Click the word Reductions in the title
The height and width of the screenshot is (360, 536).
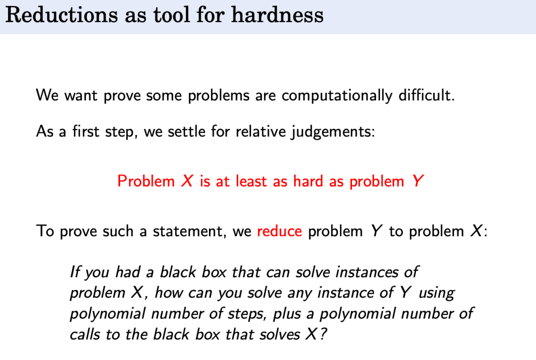tap(62, 15)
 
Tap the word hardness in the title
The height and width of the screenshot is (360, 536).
tap(277, 15)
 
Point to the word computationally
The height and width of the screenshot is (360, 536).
tap(336, 95)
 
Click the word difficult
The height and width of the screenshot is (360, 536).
tap(427, 95)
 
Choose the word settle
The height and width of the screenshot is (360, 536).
tap(186, 131)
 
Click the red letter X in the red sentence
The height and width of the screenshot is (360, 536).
tap(187, 181)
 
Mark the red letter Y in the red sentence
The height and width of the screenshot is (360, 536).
tap(417, 181)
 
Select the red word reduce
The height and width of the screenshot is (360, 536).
tap(279, 231)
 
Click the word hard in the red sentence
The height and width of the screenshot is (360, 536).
tap(308, 181)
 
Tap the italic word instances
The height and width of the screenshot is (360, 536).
tap(366, 272)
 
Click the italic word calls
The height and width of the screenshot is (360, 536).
tap(85, 334)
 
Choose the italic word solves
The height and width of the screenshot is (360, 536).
tap(279, 334)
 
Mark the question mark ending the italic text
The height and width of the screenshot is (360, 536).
tap(323, 334)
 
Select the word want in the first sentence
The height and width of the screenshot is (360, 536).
tap(81, 95)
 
